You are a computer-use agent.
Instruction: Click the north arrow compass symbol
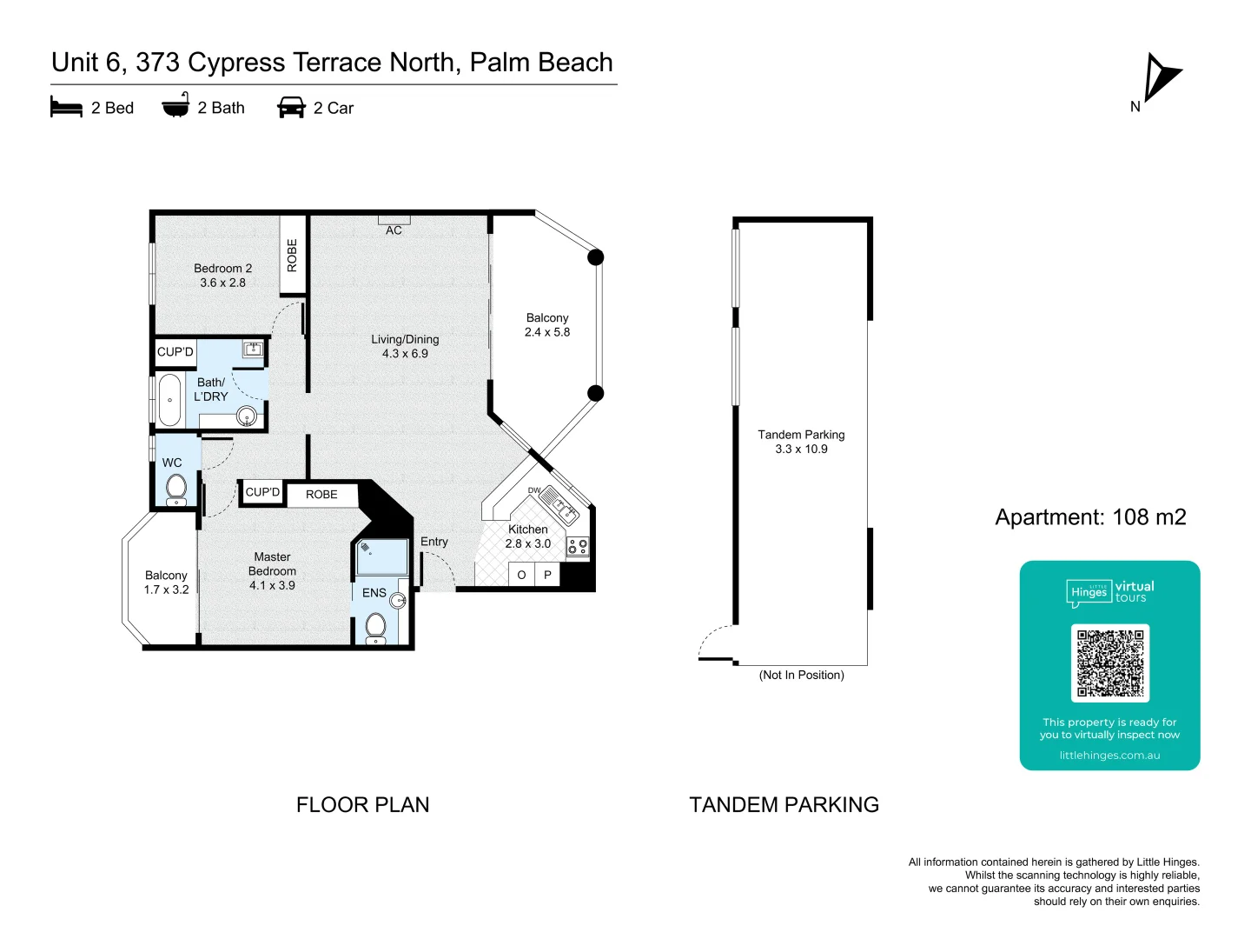(1162, 78)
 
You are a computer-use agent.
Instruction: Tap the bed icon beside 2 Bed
(66, 108)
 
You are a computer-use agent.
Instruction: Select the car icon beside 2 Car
(291, 108)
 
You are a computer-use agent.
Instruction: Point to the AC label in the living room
(394, 230)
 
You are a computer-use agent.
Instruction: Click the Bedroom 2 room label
(222, 276)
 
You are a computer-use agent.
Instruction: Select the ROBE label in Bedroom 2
(292, 256)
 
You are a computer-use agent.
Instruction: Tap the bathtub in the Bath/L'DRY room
(170, 400)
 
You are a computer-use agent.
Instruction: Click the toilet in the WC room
(176, 489)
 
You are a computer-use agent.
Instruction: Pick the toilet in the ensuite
(376, 627)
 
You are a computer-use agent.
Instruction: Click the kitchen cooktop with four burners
(578, 546)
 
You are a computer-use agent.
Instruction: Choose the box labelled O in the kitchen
(521, 575)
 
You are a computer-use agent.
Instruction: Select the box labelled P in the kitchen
(547, 575)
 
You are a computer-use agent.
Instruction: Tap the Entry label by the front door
(434, 542)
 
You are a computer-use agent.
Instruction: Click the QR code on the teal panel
(1110, 663)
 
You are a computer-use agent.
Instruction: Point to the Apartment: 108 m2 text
(1090, 517)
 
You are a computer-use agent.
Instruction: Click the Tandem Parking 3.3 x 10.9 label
(801, 442)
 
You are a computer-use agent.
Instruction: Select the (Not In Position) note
(801, 675)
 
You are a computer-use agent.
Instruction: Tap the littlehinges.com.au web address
(1109, 756)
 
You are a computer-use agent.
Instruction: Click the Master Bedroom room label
(272, 571)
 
